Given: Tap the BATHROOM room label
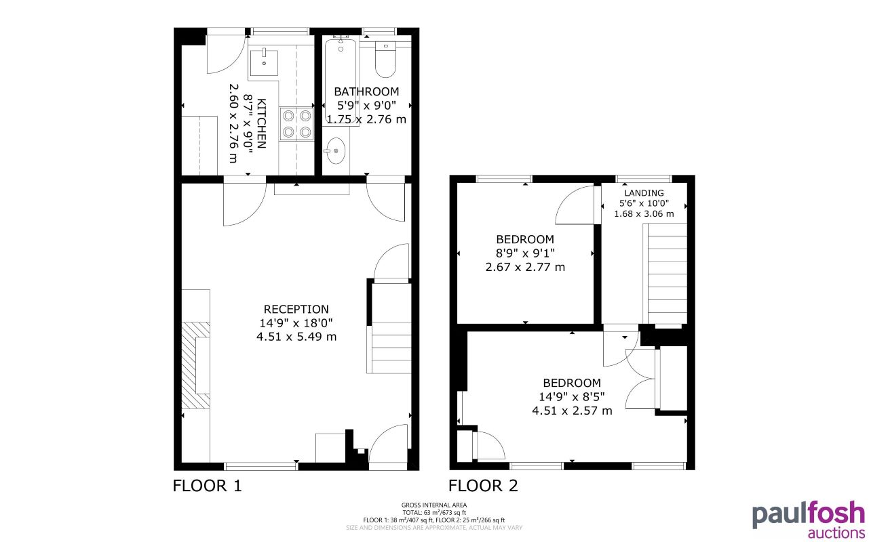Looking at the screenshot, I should click(366, 91).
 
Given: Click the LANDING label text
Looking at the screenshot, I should click(644, 193).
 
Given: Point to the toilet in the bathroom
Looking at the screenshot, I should click(386, 60).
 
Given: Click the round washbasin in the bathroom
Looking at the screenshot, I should click(334, 150).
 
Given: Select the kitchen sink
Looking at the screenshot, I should click(263, 62).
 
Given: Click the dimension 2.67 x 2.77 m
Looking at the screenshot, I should click(525, 267).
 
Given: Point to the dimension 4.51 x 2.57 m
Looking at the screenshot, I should click(572, 410).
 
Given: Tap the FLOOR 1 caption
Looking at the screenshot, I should click(208, 486).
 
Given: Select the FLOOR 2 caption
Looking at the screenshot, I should click(483, 486).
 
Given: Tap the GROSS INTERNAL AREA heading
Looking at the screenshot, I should click(434, 505).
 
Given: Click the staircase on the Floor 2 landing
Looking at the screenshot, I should click(668, 274).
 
